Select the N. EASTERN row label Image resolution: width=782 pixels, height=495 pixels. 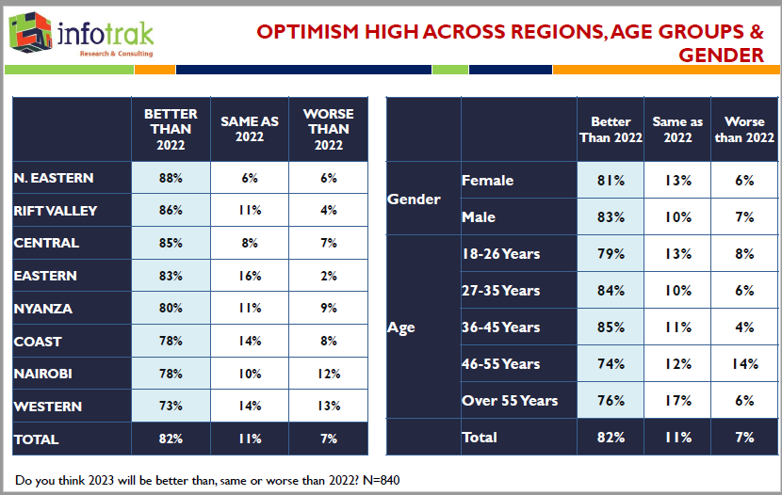[x=54, y=178]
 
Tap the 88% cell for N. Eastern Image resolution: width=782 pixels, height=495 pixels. [x=171, y=178]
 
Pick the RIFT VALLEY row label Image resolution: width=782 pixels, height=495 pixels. [x=56, y=211]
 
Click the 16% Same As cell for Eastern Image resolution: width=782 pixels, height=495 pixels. [x=250, y=276]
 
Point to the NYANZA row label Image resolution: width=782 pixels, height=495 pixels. [x=42, y=309]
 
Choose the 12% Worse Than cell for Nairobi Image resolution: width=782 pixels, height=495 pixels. [x=328, y=374]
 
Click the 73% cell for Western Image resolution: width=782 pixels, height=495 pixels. [x=171, y=407]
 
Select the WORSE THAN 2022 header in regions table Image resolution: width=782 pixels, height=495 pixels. [x=328, y=129]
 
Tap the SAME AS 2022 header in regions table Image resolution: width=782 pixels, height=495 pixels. [x=250, y=129]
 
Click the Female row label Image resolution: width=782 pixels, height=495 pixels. [x=487, y=180]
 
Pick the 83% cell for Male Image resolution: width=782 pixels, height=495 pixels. [x=611, y=216]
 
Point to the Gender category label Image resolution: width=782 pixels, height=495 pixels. [x=414, y=199]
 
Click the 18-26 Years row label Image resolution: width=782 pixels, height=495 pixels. [x=500, y=254]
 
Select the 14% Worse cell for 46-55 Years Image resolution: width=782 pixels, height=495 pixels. [x=744, y=364]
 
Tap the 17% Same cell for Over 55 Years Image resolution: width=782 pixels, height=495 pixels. [x=677, y=401]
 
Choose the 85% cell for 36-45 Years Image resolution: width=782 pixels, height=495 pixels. [x=611, y=327]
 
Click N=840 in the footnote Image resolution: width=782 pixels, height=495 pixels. [x=378, y=480]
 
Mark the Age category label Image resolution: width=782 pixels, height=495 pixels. [x=401, y=327]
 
